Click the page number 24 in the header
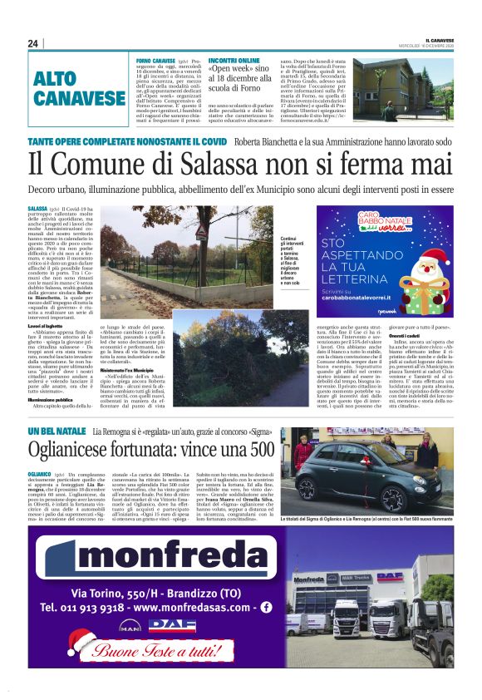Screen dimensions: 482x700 point(33,43)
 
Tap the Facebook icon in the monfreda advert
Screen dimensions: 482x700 point(266,607)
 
